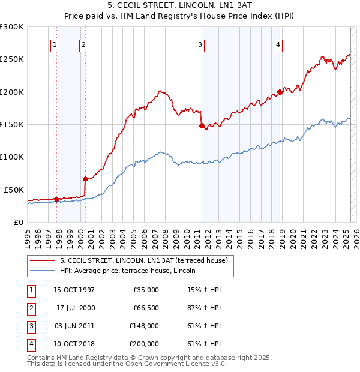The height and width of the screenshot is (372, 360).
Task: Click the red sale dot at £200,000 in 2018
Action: click(x=280, y=92)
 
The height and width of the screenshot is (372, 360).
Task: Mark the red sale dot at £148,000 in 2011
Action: click(x=202, y=126)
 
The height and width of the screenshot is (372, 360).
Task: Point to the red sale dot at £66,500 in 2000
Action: click(x=85, y=179)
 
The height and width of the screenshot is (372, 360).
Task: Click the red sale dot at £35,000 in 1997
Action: click(x=56, y=199)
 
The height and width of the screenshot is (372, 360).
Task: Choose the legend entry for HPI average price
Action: click(x=131, y=271)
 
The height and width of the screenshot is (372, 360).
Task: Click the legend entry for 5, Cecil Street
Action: click(x=143, y=261)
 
